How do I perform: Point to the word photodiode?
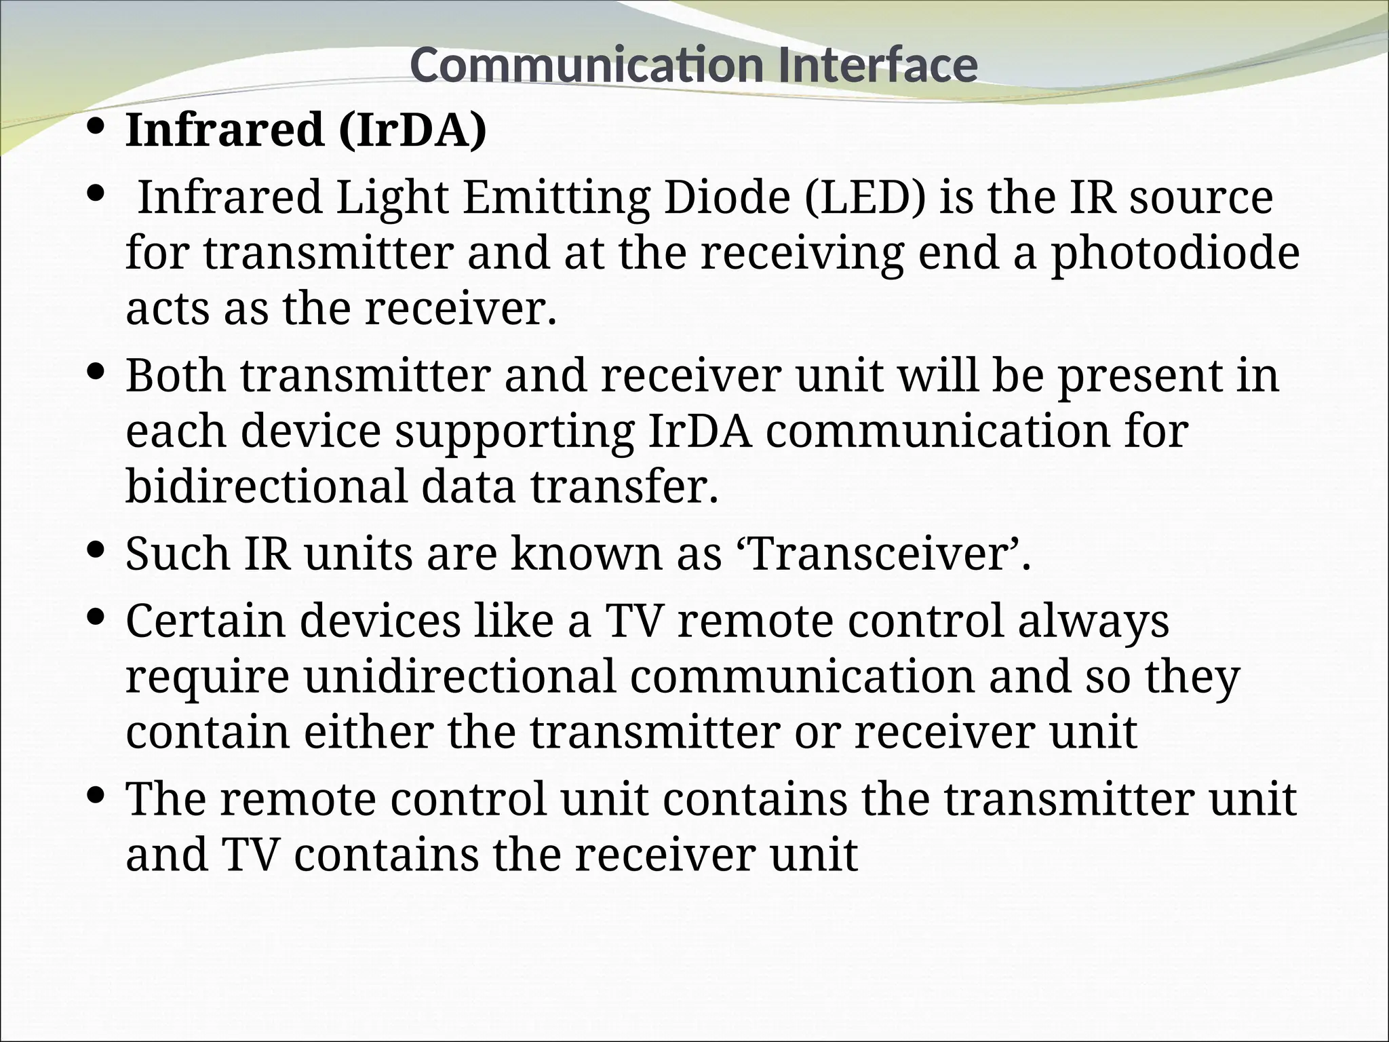tap(1175, 253)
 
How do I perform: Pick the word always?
tap(1093, 621)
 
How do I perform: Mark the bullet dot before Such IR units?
tap(96, 547)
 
